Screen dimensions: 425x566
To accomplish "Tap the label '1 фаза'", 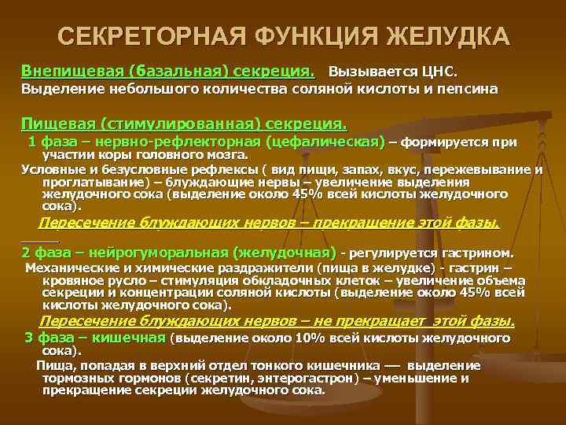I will click(53, 142).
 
